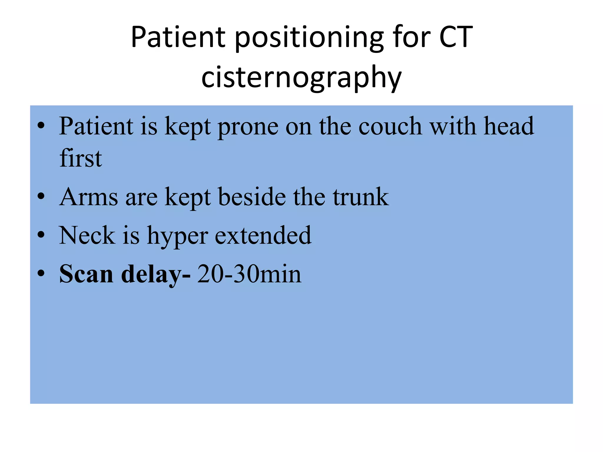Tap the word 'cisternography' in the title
301,77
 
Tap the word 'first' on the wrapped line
81,158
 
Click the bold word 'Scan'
86,274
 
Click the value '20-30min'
249,274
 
